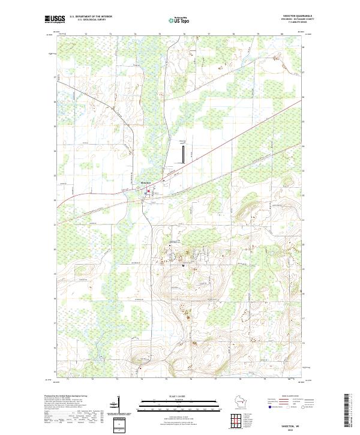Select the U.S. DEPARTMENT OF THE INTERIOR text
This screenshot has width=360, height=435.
click(x=91, y=16)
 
